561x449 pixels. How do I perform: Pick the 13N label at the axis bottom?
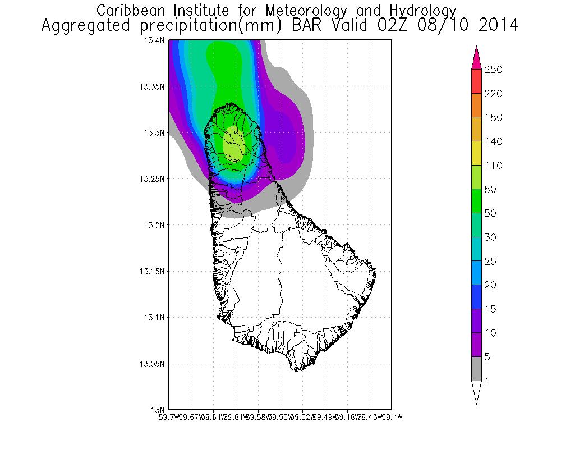coord(159,409)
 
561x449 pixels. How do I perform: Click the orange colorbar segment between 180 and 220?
coord(476,106)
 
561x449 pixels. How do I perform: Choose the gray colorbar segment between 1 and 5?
coord(476,369)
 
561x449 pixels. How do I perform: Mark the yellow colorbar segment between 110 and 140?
coord(476,153)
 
